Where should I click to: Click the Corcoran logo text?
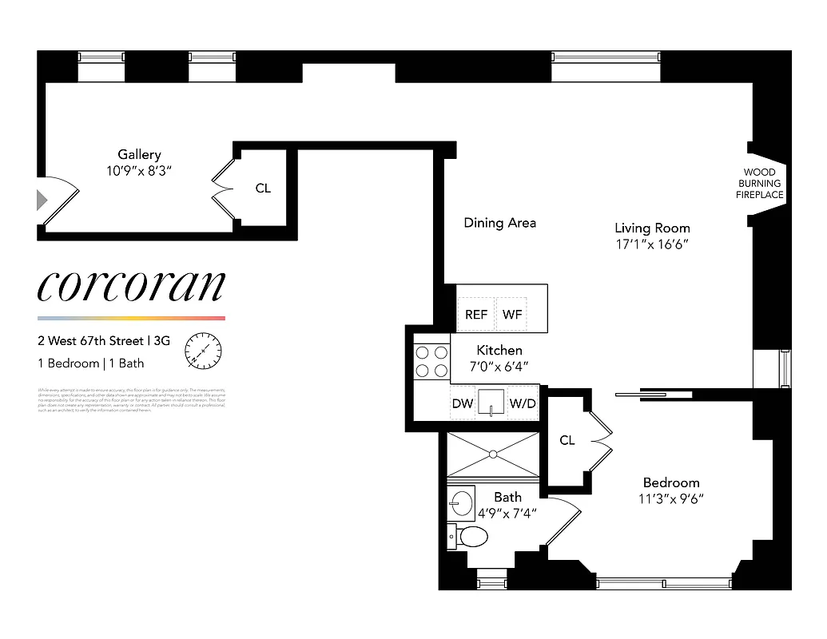tap(132, 286)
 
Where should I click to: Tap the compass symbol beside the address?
tap(203, 350)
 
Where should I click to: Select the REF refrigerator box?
tap(476, 315)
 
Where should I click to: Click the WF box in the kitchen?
tap(512, 315)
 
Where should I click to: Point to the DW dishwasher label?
tap(463, 404)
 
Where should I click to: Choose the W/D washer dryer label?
tap(523, 404)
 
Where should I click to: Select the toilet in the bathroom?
tap(471, 535)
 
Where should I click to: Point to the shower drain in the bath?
tap(493, 454)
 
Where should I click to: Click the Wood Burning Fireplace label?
tap(760, 184)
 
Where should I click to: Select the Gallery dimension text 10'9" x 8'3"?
tap(139, 171)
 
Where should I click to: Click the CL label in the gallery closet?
tap(263, 189)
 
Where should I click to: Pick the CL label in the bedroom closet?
tap(567, 440)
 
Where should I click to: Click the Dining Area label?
tap(499, 223)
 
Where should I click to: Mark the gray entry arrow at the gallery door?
tap(42, 200)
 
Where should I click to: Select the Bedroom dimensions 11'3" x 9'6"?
tap(671, 499)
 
